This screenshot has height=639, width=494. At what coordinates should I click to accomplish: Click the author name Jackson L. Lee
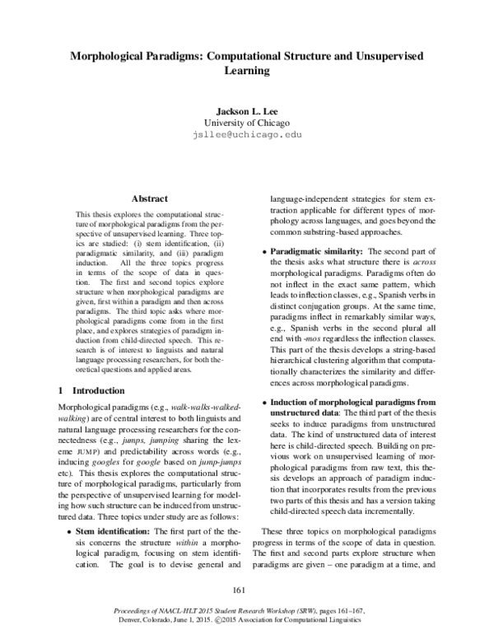247,110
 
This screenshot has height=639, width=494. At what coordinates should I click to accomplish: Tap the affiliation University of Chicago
247,122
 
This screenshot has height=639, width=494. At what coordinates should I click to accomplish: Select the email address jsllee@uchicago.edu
247,133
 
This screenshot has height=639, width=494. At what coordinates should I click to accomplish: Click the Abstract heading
149,198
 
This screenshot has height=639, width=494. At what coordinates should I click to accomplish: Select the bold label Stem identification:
110,510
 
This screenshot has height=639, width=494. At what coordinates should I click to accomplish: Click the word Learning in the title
247,71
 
